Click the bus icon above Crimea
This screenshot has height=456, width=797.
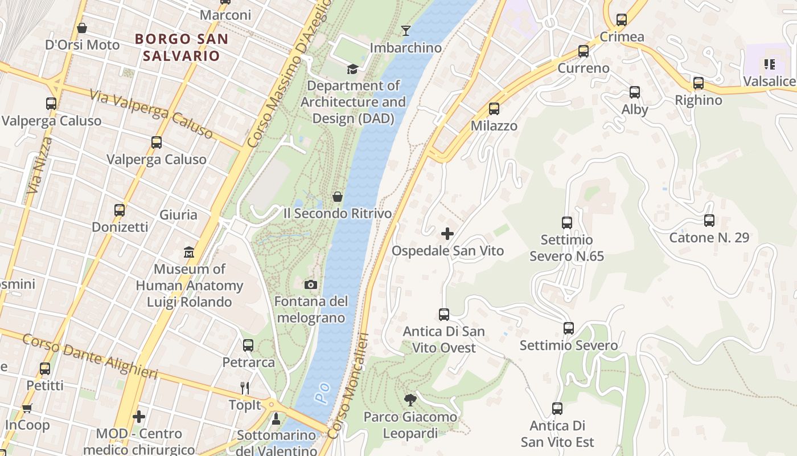(622, 20)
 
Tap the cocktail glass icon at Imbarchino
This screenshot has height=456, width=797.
(405, 30)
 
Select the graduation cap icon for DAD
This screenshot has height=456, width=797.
(353, 69)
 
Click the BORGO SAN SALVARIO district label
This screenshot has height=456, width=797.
(182, 47)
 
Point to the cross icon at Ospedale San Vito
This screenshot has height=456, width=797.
(447, 233)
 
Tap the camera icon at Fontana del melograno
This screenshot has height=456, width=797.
(311, 284)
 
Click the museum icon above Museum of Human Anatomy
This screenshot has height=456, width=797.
(189, 251)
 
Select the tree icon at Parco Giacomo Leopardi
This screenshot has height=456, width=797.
(410, 400)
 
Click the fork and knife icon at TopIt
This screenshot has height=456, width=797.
(245, 388)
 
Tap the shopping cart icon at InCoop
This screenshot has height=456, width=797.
(27, 408)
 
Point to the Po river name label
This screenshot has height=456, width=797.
(323, 393)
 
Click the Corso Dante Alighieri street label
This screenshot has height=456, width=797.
(90, 356)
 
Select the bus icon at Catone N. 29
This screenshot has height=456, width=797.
(709, 220)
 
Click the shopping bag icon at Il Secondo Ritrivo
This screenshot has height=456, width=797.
(338, 197)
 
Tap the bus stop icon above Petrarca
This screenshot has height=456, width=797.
(248, 345)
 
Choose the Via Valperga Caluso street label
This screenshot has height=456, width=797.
(151, 114)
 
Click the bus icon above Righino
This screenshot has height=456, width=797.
(699, 83)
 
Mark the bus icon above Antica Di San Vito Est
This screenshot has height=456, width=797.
(557, 408)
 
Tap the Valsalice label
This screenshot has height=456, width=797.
(769, 82)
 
